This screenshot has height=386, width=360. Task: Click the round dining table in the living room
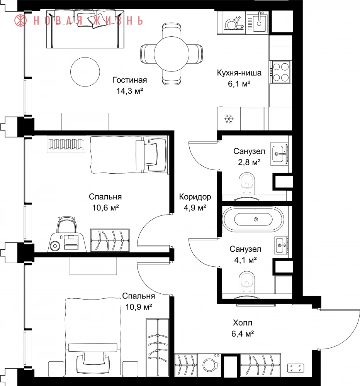pos(172,54)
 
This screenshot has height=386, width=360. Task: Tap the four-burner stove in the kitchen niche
pos(280,72)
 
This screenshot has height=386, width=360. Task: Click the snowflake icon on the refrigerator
pos(229,119)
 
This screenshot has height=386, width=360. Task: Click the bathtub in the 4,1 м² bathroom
pos(253,219)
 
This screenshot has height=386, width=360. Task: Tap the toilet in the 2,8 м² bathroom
pos(247,184)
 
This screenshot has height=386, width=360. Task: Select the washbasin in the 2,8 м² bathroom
pos(279,154)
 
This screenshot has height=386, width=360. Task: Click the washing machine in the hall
pos(210,365)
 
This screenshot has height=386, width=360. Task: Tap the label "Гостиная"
pos(130,80)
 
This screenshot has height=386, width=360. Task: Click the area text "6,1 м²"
pos(239,84)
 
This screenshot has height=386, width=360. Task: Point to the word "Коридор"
pos(195,197)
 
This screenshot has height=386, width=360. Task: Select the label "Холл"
pos(243,323)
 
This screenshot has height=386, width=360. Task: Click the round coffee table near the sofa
pos(85,72)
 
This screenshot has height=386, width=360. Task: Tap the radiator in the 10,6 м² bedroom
pos(66,144)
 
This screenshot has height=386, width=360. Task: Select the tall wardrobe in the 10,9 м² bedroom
pos(158,348)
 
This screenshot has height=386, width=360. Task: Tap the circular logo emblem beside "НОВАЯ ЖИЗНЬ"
pos(20,20)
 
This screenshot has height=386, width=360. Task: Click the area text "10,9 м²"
pos(139,307)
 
